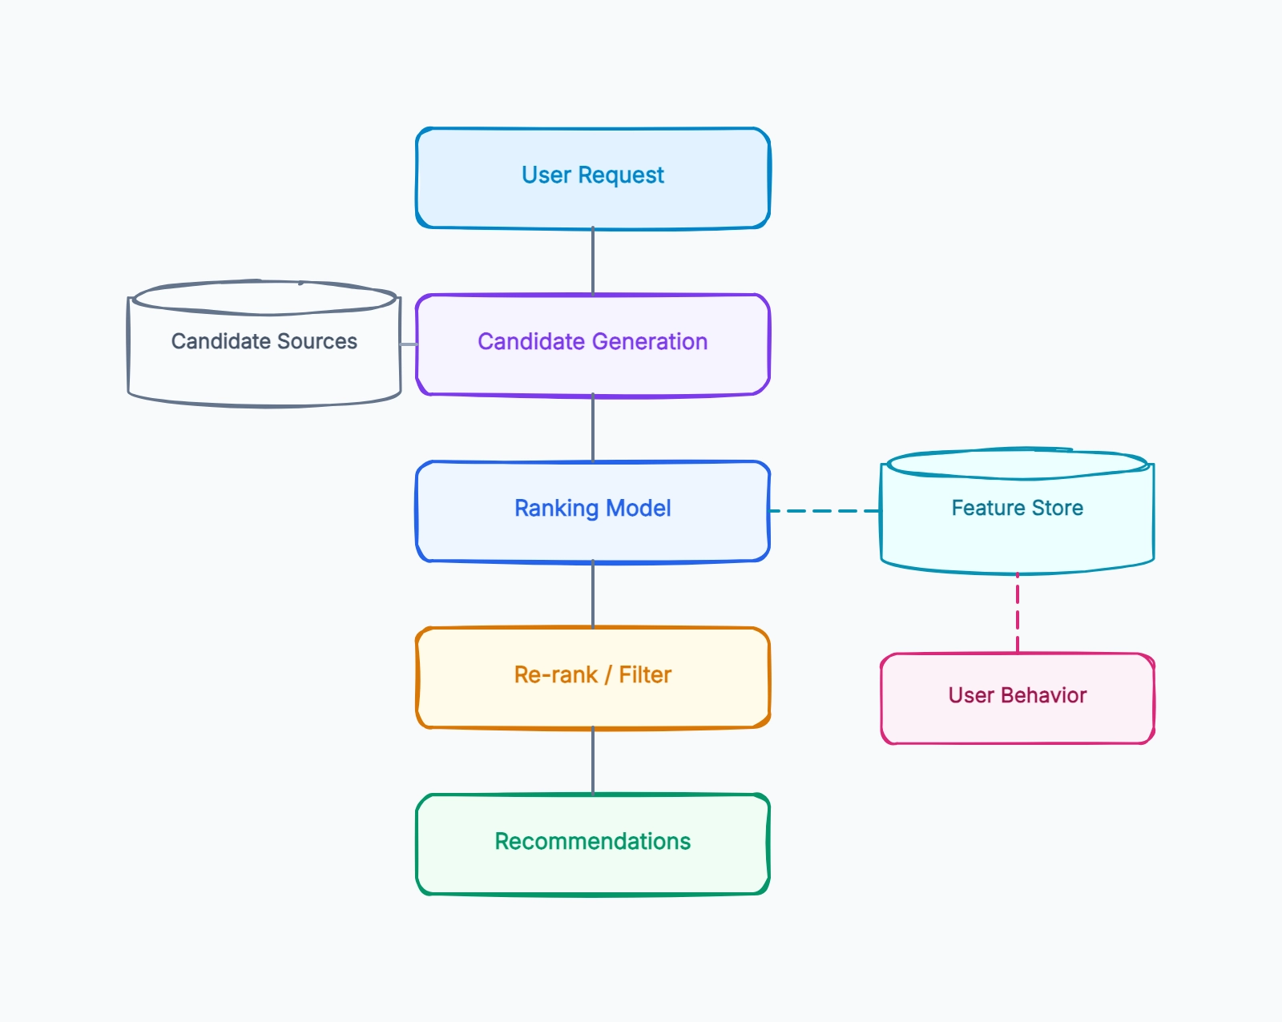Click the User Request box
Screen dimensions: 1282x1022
coord(593,178)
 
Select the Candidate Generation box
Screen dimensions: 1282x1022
coord(593,345)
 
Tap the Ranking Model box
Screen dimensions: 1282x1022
coord(593,511)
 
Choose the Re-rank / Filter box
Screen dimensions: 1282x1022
coord(593,678)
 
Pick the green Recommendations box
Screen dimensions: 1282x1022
coord(593,844)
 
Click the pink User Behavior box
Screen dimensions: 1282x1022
coord(1018,698)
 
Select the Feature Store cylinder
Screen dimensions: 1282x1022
coord(1018,511)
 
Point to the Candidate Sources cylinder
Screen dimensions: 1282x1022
coord(264,344)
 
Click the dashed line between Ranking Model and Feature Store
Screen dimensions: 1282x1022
coord(825,511)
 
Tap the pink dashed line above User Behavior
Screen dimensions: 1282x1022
coord(1018,613)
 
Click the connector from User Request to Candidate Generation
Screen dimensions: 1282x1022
coord(593,261)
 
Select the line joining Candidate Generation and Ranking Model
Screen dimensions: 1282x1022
coord(593,428)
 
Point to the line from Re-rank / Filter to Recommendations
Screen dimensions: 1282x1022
coord(593,761)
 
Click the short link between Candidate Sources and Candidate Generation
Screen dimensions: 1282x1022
coord(409,344)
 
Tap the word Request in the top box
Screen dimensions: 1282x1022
coord(621,175)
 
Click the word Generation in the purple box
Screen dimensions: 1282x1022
coord(650,342)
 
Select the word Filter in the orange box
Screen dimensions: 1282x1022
coord(645,674)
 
